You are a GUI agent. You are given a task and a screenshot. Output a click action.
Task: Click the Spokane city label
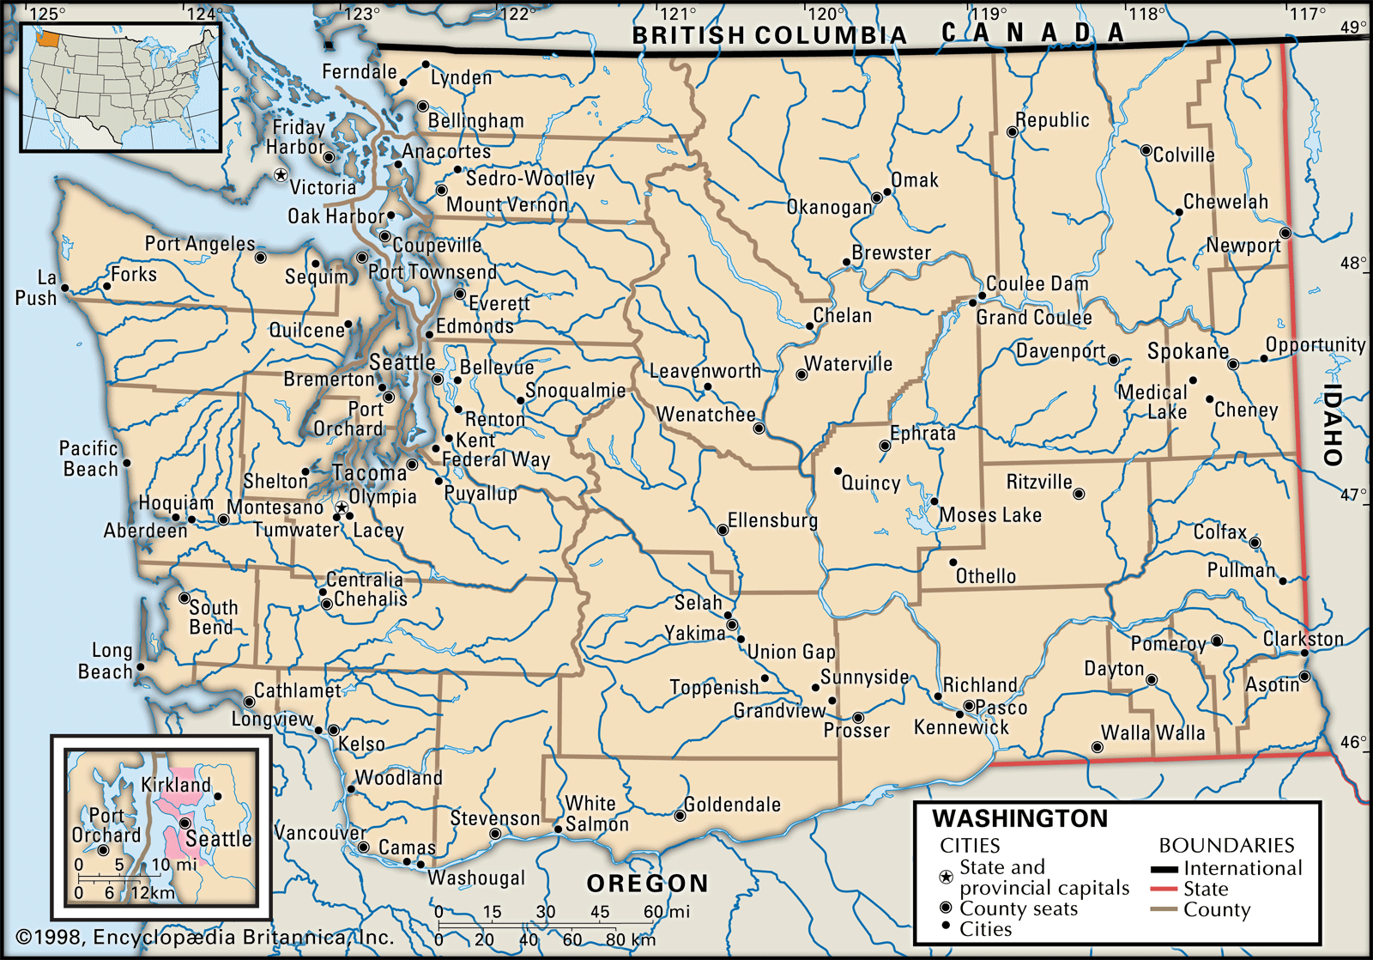[x=1188, y=351]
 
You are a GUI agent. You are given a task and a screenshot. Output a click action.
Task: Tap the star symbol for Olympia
[x=342, y=508]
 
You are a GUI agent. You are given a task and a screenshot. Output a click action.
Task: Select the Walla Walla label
[x=1152, y=733]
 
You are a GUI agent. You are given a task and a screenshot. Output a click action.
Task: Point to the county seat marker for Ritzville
[x=1079, y=494]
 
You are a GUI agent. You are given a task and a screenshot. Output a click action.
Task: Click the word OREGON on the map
[x=648, y=884]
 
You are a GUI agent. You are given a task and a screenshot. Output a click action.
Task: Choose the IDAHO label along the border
[x=1332, y=424]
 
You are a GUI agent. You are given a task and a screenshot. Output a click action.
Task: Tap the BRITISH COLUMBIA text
[x=769, y=35]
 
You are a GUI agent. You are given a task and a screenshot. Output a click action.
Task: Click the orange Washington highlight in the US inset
[x=50, y=39]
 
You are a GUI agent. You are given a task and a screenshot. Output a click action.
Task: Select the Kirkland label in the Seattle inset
[x=175, y=785]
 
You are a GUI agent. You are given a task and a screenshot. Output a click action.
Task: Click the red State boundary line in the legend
[x=1163, y=889]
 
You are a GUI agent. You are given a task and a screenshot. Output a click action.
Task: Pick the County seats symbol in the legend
[x=946, y=908]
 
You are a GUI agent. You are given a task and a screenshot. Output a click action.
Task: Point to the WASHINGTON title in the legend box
[x=1019, y=818]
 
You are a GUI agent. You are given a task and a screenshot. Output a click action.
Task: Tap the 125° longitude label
[x=46, y=14]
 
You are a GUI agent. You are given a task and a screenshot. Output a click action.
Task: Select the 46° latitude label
[x=1353, y=742]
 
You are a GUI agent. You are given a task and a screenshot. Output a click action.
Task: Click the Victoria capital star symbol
[x=281, y=175]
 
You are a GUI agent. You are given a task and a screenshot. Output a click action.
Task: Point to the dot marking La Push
[x=65, y=289]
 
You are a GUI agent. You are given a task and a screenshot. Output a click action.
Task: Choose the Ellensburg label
[x=772, y=520]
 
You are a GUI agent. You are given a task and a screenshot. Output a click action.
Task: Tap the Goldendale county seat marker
[x=680, y=816]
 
